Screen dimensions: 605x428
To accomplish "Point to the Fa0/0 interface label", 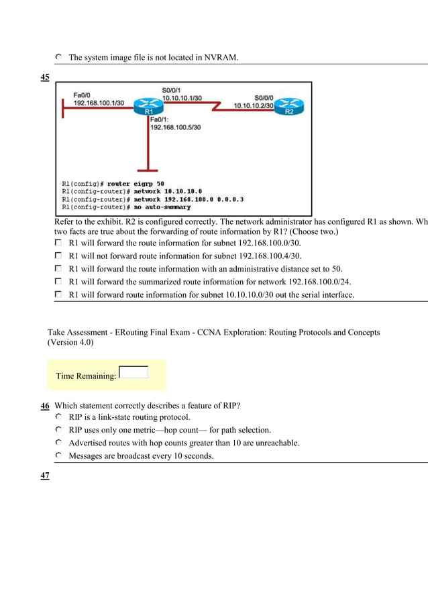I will point(83,95).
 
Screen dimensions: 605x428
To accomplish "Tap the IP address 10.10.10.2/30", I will point(253,105).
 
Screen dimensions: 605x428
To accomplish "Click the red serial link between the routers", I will point(215,106).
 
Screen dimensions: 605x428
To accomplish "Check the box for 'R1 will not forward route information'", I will point(58,256).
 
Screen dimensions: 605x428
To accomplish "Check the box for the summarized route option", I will point(58,281).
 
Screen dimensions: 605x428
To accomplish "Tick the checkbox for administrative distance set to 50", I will point(58,268).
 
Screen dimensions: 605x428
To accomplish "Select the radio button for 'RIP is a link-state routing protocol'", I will point(58,417).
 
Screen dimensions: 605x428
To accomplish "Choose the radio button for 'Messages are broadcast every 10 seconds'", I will point(58,456).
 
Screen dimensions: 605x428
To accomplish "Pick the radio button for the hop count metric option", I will point(58,430).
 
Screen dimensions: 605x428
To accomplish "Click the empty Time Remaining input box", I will point(133,372).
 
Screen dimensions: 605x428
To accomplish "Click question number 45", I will point(45,77).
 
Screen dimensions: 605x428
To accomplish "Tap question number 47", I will point(45,475).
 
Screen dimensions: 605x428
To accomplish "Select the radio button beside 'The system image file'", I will point(58,58).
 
